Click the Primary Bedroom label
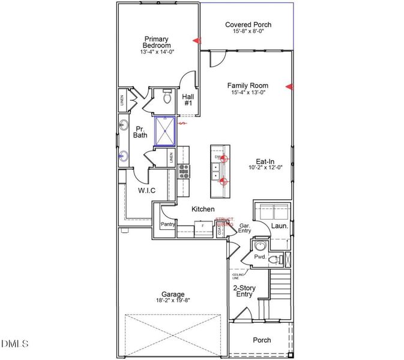click(157, 42)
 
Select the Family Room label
click(247, 86)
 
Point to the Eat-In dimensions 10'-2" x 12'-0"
click(265, 169)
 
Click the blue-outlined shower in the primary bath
click(165, 131)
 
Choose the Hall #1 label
click(188, 100)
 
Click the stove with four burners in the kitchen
click(184, 172)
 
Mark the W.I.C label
click(146, 191)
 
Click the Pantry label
click(167, 225)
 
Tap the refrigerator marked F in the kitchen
click(203, 227)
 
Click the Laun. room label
click(280, 226)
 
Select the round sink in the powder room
click(261, 246)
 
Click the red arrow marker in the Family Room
click(289, 87)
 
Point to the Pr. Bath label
click(140, 132)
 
